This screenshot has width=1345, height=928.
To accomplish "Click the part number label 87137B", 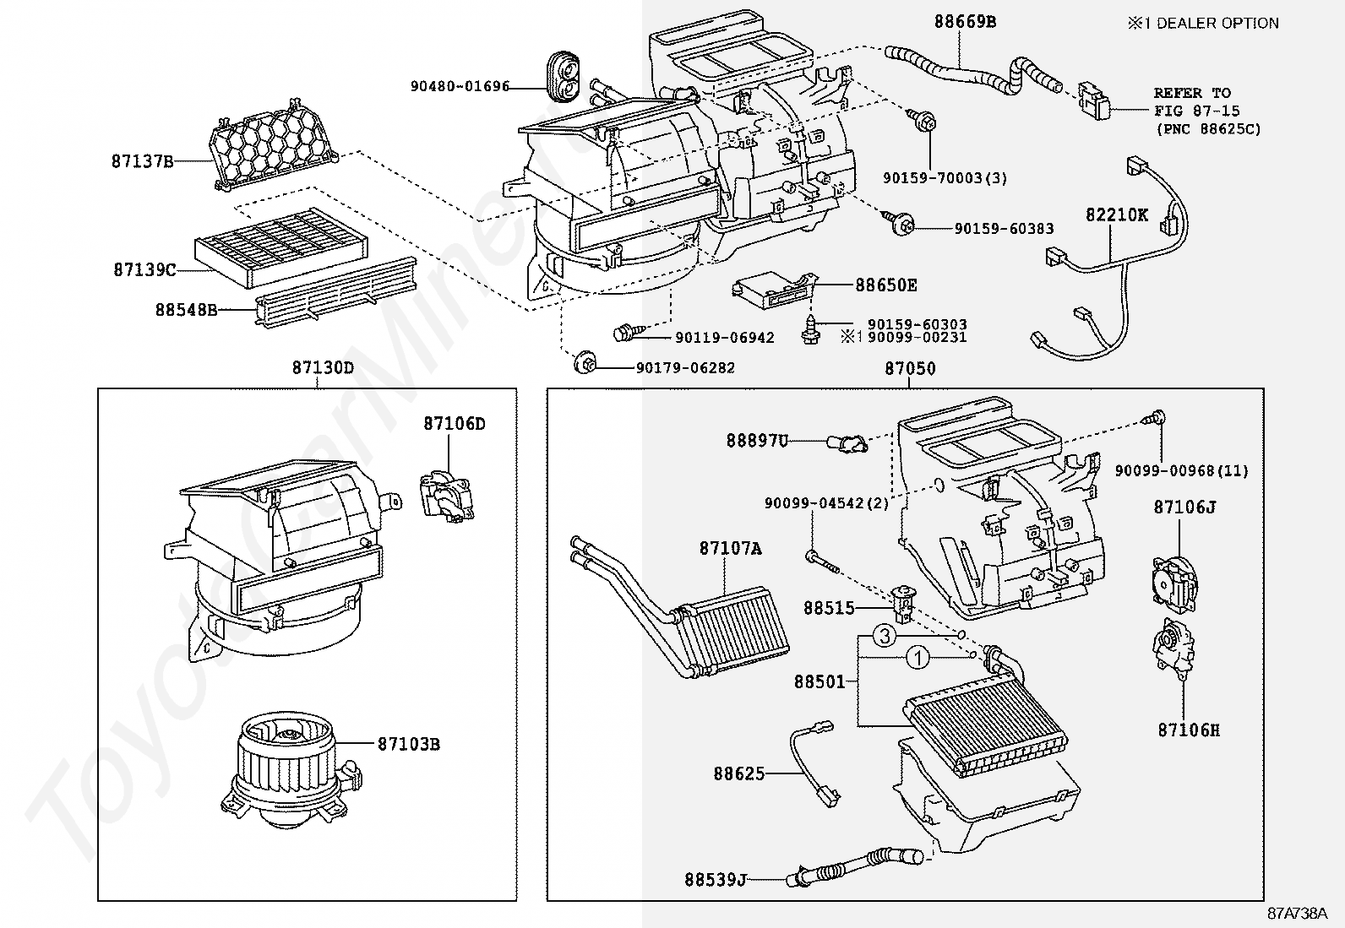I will tap(142, 160).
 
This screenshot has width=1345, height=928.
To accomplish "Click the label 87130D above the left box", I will tap(323, 368).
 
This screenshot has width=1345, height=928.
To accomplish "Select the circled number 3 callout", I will tap(884, 636).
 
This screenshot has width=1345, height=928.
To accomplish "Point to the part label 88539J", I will tap(715, 880).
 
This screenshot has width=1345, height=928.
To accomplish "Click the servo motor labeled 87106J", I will tap(1172, 578).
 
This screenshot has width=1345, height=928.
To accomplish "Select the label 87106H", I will tap(1189, 730).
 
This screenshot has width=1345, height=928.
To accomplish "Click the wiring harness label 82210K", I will tap(1117, 214).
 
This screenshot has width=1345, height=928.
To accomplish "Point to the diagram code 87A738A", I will tap(1297, 914).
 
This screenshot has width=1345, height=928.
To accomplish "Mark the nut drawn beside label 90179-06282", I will tap(584, 365).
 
